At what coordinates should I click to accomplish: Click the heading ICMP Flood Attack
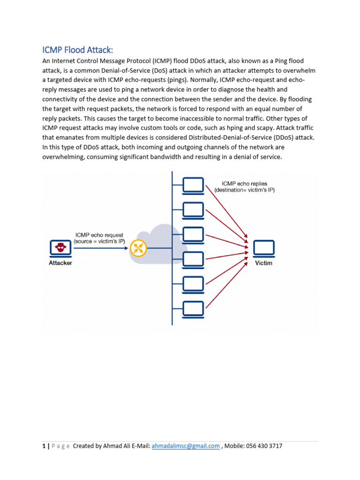click(x=78, y=50)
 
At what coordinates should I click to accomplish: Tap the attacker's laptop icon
click(x=60, y=247)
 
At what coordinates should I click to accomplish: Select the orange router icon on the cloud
click(x=138, y=248)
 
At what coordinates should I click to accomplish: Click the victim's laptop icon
click(x=263, y=248)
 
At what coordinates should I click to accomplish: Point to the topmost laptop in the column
click(x=193, y=185)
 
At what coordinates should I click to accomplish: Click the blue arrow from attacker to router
click(x=100, y=248)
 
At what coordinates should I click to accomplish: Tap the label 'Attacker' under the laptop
click(x=60, y=263)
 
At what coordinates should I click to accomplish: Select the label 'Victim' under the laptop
click(x=263, y=263)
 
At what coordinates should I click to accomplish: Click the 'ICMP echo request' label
click(x=99, y=235)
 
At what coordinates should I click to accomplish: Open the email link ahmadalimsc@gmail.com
click(x=186, y=446)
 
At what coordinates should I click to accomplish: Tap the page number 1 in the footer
click(x=44, y=446)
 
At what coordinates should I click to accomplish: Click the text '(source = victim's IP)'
click(x=99, y=241)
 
